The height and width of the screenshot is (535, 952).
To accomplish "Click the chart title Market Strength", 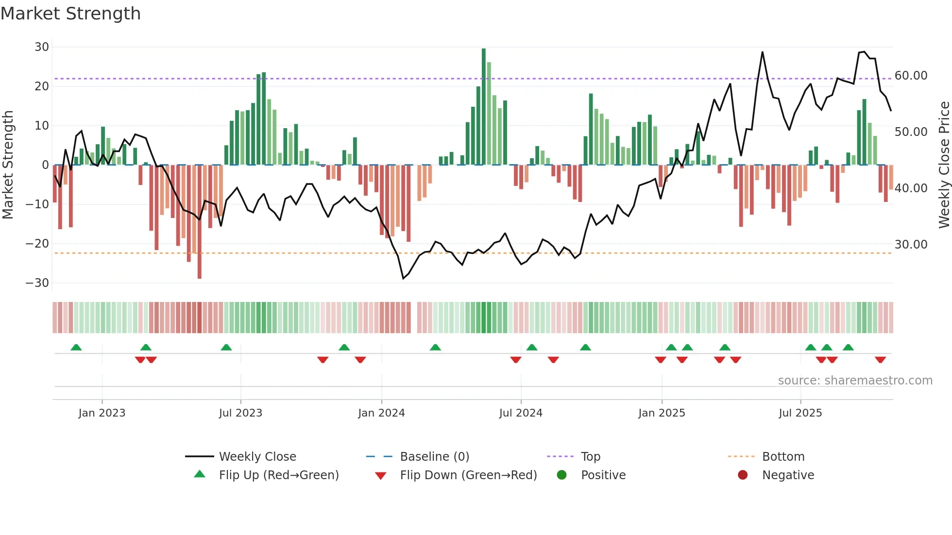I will pyautogui.click(x=70, y=14).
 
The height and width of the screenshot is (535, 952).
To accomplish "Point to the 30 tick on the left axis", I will pyautogui.click(x=42, y=47).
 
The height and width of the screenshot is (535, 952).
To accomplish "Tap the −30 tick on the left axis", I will pyautogui.click(x=38, y=283).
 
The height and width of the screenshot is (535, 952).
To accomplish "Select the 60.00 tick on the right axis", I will pyautogui.click(x=911, y=76).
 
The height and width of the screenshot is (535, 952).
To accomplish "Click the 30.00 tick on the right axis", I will pyautogui.click(x=911, y=245).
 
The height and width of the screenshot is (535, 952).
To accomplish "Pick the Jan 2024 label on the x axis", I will pyautogui.click(x=381, y=413).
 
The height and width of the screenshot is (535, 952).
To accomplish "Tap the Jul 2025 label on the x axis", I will pyautogui.click(x=800, y=413).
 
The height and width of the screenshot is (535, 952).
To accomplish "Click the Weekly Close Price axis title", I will pyautogui.click(x=944, y=165).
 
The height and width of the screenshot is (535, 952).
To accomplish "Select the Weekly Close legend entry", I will pyautogui.click(x=257, y=457).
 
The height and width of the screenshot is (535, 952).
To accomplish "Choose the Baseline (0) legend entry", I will pyautogui.click(x=434, y=457).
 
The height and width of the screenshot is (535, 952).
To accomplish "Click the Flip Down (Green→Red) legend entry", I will pyautogui.click(x=468, y=475).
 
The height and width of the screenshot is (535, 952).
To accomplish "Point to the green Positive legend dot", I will pyautogui.click(x=562, y=475).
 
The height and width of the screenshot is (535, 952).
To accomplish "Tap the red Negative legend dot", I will pyautogui.click(x=743, y=475).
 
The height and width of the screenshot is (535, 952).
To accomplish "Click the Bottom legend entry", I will pyautogui.click(x=783, y=457).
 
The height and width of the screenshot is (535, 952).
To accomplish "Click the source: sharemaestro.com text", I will pyautogui.click(x=855, y=381).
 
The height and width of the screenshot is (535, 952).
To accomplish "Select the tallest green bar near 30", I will pyautogui.click(x=484, y=107).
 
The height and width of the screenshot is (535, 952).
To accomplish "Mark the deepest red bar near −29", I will pyautogui.click(x=200, y=221).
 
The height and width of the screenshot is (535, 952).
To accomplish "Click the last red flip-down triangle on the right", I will pyautogui.click(x=880, y=360).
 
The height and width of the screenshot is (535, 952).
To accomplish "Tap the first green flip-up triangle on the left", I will pyautogui.click(x=76, y=347).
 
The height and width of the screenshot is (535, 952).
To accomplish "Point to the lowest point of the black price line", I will pyautogui.click(x=403, y=278).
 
